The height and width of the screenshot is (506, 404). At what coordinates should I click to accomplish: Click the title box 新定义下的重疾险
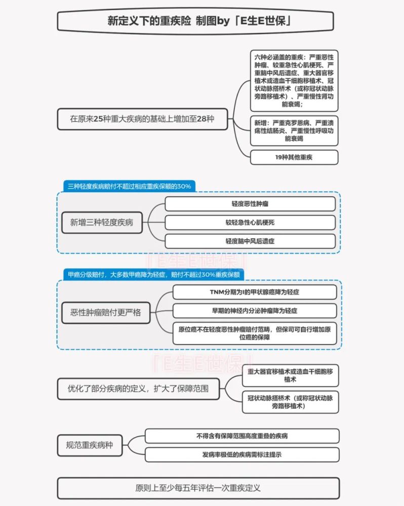click(x=195, y=21)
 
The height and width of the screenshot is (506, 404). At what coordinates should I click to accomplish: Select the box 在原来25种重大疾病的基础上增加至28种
click(x=142, y=119)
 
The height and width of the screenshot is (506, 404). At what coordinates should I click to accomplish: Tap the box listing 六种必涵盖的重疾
click(x=294, y=80)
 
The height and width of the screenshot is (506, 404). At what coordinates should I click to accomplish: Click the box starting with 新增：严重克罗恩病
click(x=294, y=131)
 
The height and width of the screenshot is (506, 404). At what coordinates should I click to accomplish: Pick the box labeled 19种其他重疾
click(x=294, y=157)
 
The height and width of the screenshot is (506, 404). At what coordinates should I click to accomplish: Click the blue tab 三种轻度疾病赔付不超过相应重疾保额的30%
click(x=129, y=186)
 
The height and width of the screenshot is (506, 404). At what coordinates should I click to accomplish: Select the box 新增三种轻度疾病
click(x=102, y=222)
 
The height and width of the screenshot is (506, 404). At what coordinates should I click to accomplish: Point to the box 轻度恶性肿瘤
click(x=250, y=204)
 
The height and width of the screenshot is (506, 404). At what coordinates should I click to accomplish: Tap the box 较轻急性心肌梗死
click(x=250, y=222)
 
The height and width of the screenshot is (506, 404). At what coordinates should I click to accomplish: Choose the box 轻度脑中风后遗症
click(x=250, y=241)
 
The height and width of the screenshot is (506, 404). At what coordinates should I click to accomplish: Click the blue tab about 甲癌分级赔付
click(x=154, y=275)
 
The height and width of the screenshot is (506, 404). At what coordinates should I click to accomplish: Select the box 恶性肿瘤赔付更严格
click(x=106, y=312)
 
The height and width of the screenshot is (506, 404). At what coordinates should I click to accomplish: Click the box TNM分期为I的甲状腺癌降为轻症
click(x=255, y=292)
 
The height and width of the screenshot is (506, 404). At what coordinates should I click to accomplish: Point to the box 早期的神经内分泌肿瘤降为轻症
click(x=255, y=311)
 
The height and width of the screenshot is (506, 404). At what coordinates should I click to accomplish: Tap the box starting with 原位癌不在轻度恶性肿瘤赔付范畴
click(x=255, y=333)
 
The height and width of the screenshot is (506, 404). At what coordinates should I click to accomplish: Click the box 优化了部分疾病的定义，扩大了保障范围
click(x=139, y=389)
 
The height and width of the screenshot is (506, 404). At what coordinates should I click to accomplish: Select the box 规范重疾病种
click(x=90, y=445)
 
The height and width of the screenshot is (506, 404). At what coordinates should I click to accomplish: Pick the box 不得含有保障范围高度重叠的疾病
click(x=242, y=436)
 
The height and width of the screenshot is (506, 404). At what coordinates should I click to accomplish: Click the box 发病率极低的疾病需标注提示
click(x=242, y=455)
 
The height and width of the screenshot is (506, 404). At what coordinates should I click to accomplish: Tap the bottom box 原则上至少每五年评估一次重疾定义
click(x=198, y=488)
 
